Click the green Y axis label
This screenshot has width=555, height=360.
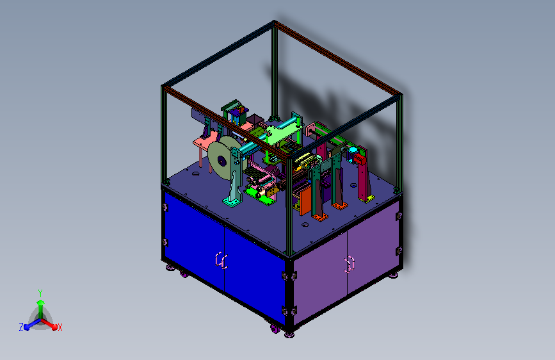tap(40, 293)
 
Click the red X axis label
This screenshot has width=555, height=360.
tap(60, 327)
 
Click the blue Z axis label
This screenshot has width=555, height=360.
tap(21, 327)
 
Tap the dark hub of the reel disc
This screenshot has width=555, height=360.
tap(221, 161)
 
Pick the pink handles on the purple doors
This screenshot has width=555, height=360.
tap(350, 265)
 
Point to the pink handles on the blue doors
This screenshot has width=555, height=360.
tap(221, 261)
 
